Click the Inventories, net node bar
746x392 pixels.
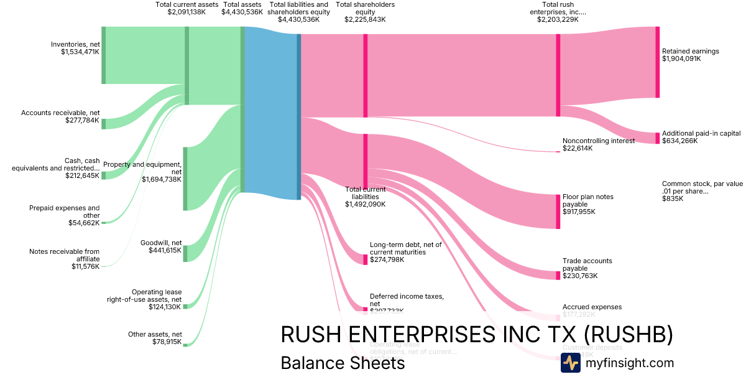point(104,55)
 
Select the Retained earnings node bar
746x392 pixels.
point(657,62)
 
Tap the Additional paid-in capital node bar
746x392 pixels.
point(657,138)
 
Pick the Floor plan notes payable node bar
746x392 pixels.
point(558,212)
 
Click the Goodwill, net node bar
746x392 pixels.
point(185,253)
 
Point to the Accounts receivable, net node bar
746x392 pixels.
point(104,124)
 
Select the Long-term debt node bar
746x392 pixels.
point(366,259)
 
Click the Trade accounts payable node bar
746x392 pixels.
point(558,276)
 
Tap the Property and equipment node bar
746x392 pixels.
point(185,179)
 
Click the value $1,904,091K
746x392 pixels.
point(681,59)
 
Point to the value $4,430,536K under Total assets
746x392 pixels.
point(242,12)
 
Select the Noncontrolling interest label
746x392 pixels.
point(599,141)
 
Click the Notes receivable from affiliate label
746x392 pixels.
point(64,255)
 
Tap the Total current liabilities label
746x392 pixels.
point(366,193)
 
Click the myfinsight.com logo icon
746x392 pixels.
point(570,363)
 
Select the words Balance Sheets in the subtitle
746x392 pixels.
point(343,363)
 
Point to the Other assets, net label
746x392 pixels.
point(155,334)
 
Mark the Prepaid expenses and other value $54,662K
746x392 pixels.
point(84,223)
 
